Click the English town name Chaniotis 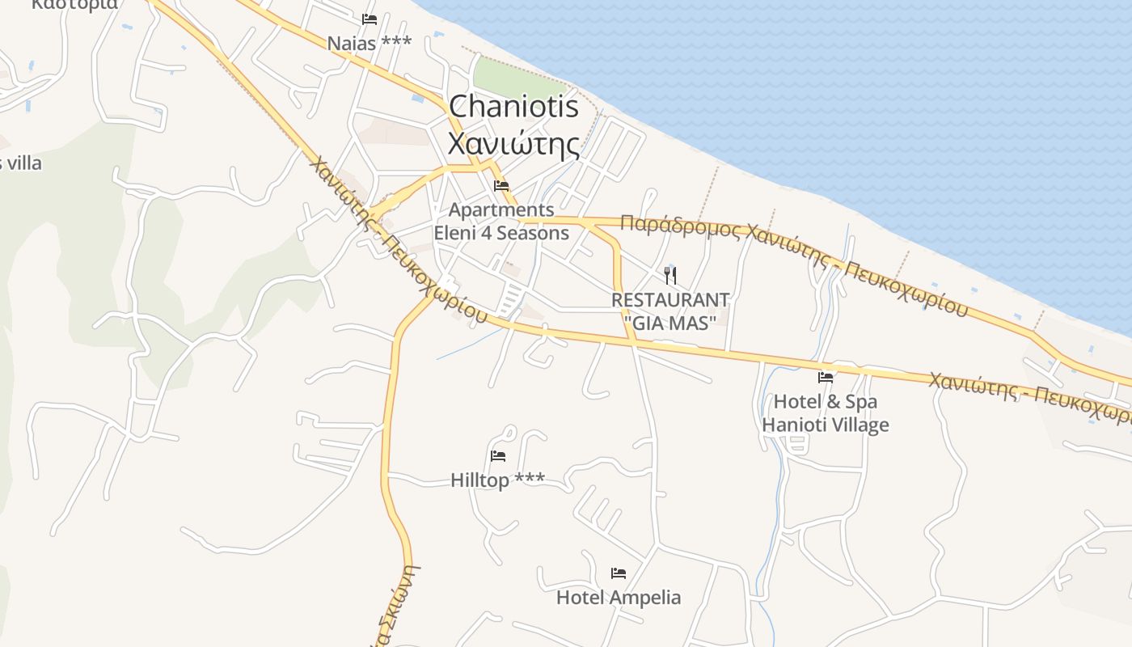(x=513, y=108)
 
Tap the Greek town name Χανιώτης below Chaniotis (x=513, y=145)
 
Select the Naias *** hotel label (x=369, y=43)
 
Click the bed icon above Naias (x=370, y=19)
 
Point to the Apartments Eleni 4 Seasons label (x=501, y=222)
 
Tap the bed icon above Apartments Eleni (x=501, y=186)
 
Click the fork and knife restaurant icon (x=669, y=275)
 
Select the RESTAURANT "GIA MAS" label (x=670, y=311)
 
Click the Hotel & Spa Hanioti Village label (x=826, y=413)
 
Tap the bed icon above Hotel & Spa (x=826, y=377)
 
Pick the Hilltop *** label (x=497, y=480)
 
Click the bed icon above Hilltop (x=498, y=456)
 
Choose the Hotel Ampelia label (x=619, y=598)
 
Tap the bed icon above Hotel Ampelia (x=619, y=573)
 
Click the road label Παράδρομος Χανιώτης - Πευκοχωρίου (x=792, y=259)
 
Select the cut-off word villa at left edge (x=22, y=163)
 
